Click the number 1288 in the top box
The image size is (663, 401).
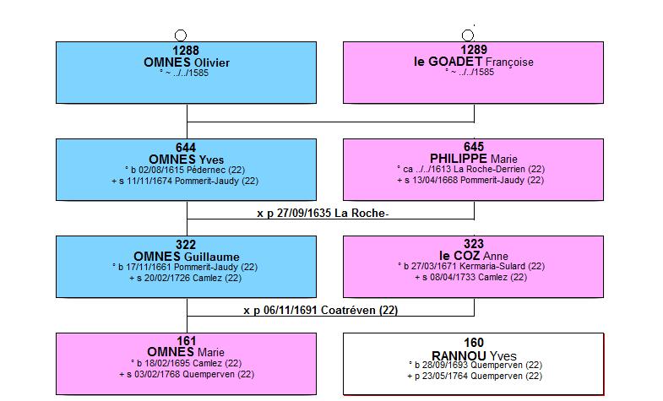click(186, 51)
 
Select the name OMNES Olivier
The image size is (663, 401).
click(187, 62)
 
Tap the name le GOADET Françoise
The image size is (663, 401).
click(474, 62)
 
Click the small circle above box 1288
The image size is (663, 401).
click(181, 35)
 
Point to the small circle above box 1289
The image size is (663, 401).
click(468, 35)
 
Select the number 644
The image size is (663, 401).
click(186, 148)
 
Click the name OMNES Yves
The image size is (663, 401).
click(187, 160)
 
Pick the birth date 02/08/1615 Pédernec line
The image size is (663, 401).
click(185, 171)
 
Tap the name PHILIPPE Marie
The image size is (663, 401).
click(474, 159)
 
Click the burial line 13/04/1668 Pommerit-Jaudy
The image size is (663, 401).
click(470, 181)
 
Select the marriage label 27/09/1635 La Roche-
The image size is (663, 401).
click(323, 214)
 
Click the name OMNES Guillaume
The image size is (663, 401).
click(187, 257)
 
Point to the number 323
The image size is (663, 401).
click(474, 244)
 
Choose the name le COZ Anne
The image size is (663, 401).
click(474, 256)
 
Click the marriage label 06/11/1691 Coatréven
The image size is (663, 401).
click(320, 311)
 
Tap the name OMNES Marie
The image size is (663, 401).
click(186, 352)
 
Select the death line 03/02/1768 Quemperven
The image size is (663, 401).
click(187, 374)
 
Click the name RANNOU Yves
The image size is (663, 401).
click(474, 355)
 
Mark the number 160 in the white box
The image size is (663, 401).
click(474, 343)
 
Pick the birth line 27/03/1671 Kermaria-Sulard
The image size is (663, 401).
click(471, 267)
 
